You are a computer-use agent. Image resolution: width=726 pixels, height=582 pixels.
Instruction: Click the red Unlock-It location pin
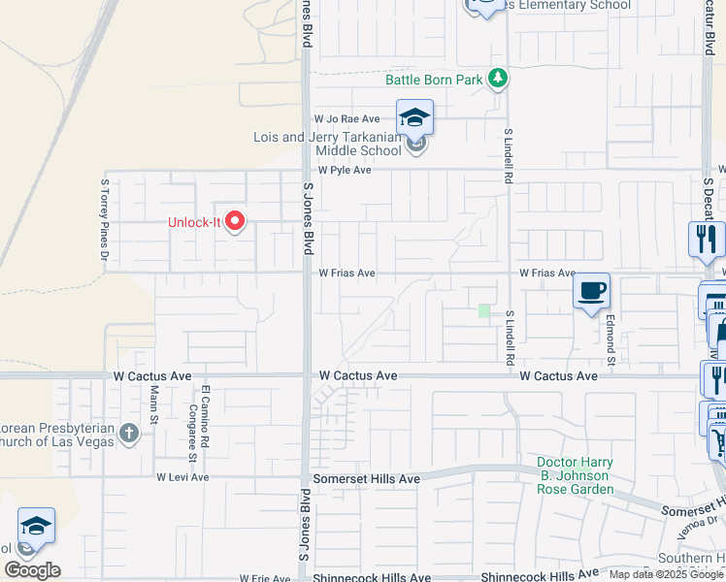[x=234, y=220]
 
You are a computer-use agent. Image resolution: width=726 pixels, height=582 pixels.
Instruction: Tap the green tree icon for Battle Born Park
[x=498, y=78]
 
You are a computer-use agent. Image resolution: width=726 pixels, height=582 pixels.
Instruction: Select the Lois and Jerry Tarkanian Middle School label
[x=327, y=144]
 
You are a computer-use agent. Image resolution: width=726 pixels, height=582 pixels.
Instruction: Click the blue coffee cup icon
[x=591, y=290]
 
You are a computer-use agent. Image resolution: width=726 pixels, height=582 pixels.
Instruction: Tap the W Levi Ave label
[x=182, y=477]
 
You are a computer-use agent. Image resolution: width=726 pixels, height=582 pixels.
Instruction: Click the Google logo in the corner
[x=32, y=570]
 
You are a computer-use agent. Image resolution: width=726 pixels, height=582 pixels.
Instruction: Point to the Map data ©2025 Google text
[x=665, y=574]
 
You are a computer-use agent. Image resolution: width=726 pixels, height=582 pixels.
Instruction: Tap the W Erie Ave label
[x=264, y=578]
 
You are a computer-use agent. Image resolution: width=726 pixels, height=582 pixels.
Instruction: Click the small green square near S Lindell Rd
[x=484, y=310]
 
